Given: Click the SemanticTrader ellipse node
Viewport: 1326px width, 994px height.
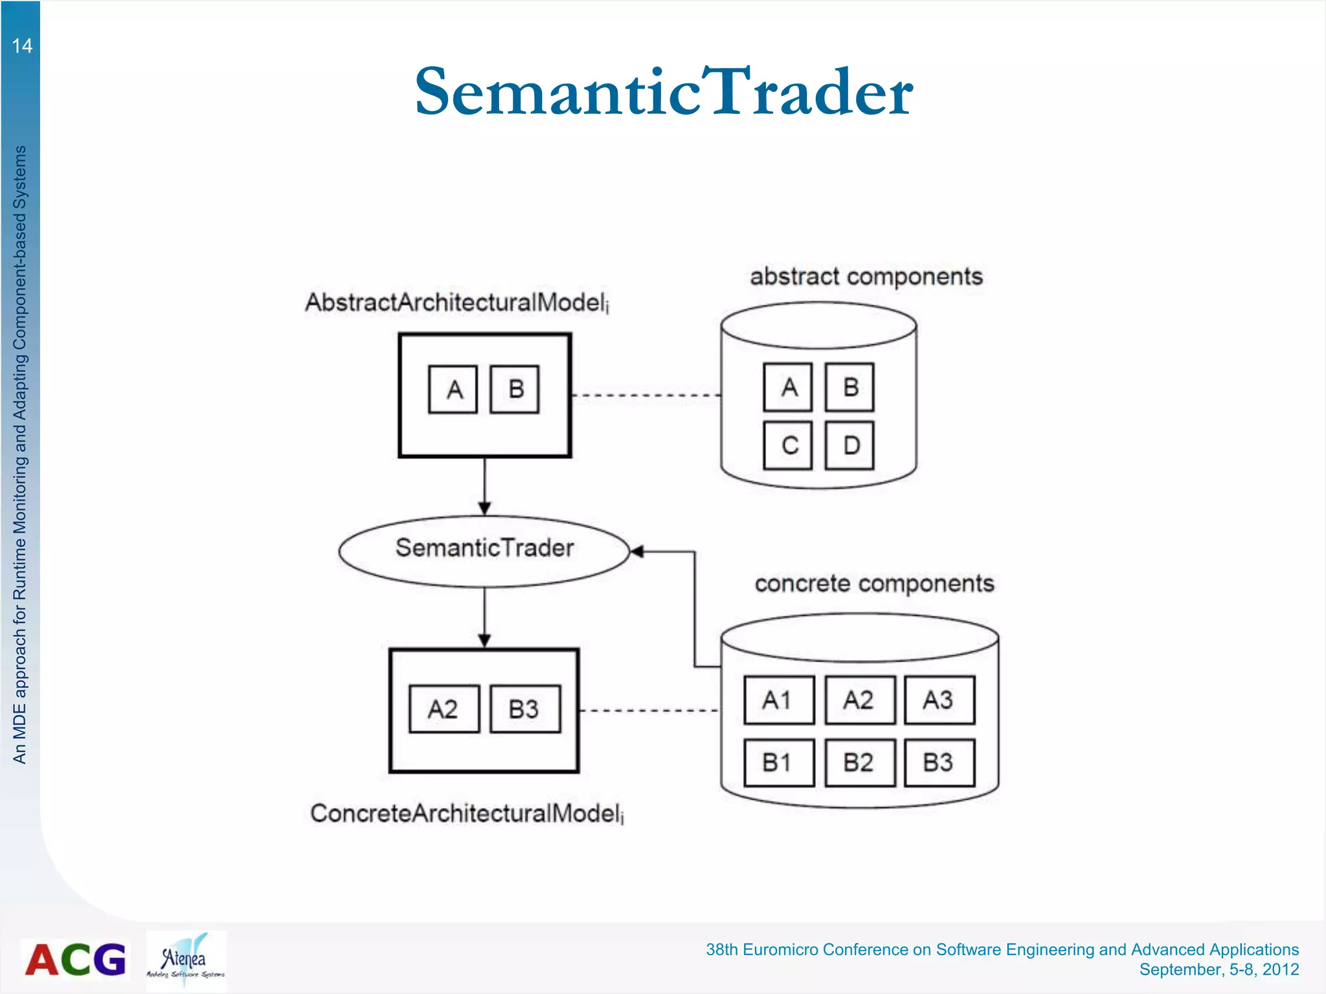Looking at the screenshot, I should (x=484, y=551).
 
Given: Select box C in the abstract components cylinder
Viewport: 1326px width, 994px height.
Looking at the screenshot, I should (x=787, y=445).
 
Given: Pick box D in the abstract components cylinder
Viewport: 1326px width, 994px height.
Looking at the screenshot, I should (x=849, y=445).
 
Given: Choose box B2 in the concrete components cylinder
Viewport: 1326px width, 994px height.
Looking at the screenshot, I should (x=860, y=763).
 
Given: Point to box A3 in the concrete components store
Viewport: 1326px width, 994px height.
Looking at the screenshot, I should (x=939, y=700).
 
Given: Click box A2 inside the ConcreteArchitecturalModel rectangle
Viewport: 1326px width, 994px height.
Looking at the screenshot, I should (x=444, y=709).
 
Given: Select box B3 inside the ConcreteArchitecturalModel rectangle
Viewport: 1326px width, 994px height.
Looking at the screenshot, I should (x=525, y=709).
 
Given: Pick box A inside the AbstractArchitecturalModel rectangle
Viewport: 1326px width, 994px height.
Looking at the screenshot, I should (x=453, y=390).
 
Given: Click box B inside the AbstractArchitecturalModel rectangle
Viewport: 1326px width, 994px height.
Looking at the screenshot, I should (x=515, y=390).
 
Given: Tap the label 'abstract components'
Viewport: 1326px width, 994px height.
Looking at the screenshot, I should (x=866, y=277).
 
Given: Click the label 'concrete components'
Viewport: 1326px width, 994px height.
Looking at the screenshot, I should (x=874, y=584).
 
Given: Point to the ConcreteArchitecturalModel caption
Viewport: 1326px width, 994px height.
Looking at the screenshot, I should (x=467, y=813).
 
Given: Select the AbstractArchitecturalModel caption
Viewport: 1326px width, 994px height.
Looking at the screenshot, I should (x=457, y=303).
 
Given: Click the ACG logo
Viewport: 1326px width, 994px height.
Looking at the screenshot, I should (x=75, y=959).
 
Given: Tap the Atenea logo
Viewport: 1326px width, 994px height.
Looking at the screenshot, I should (x=186, y=960).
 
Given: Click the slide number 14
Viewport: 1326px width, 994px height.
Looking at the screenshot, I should (x=22, y=46).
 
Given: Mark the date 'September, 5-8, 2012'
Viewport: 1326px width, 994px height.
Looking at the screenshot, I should (x=1219, y=969).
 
